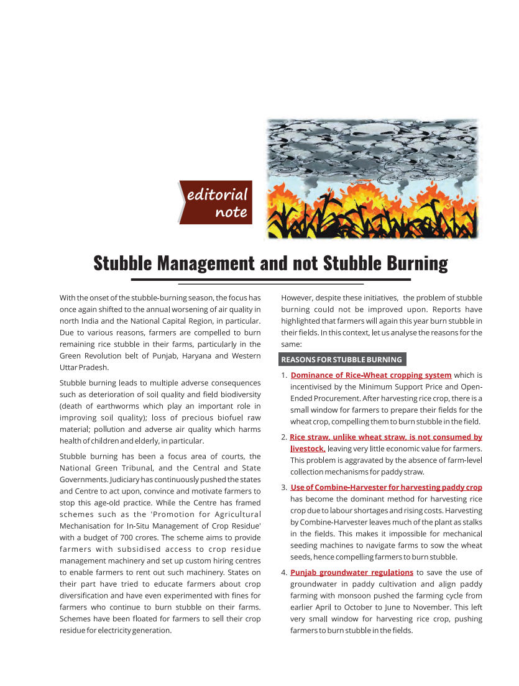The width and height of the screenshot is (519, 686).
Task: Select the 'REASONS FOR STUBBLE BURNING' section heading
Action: (x=341, y=360)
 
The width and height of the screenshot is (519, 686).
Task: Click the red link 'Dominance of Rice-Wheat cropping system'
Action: (x=371, y=375)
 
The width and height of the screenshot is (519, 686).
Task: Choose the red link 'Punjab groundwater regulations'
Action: (x=352, y=572)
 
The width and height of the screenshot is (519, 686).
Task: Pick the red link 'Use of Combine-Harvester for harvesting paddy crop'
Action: (x=387, y=488)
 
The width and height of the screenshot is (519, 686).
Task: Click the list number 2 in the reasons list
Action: (x=284, y=437)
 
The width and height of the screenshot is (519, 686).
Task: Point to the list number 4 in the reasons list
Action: (x=284, y=572)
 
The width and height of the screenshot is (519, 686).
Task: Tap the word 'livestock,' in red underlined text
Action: (x=308, y=449)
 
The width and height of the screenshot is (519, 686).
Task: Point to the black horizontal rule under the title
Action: (x=270, y=280)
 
